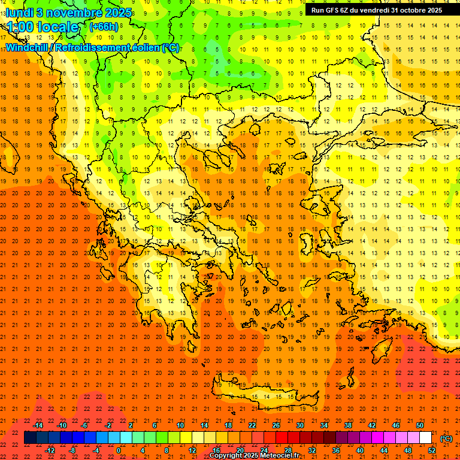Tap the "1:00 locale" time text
43,27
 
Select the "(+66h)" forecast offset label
104,27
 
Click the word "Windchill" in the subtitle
28,47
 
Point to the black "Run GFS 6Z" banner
376,10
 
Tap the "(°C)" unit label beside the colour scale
446,438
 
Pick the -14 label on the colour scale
38,425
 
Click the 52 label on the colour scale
432,450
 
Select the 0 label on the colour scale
118,450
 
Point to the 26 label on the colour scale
276,425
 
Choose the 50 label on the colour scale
419,425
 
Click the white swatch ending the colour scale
426,438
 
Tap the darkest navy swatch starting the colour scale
30,438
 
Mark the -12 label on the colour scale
50,450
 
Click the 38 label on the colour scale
348,425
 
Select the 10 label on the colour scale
180,425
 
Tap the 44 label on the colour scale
384,450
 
